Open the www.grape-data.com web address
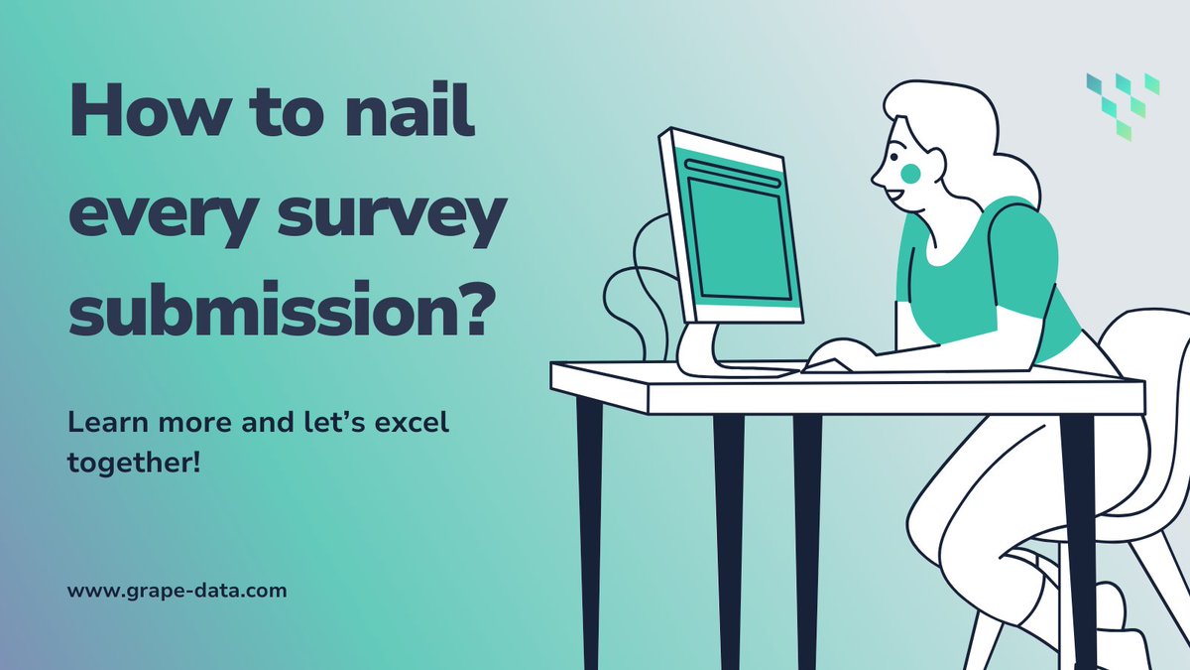[178, 591]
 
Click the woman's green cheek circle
[909, 172]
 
